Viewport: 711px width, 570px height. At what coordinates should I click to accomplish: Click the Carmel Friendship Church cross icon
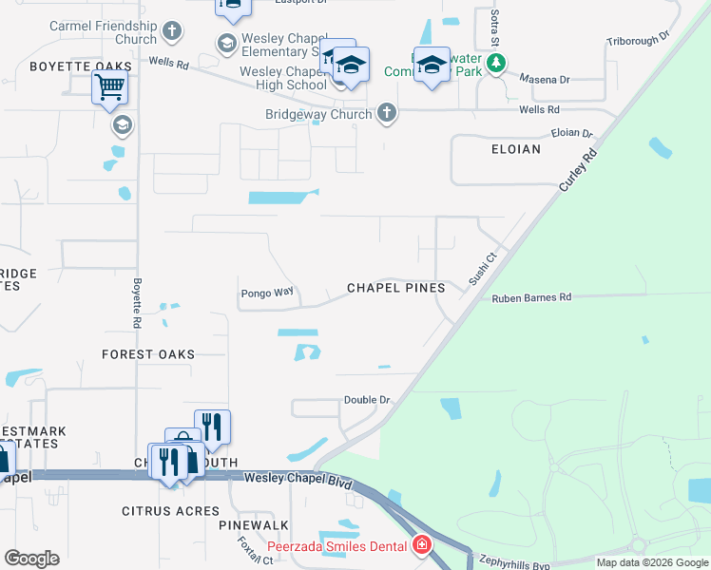(x=172, y=31)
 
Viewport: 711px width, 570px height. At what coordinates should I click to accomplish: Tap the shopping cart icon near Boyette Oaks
(x=109, y=88)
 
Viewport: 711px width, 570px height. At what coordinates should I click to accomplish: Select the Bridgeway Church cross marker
(x=386, y=113)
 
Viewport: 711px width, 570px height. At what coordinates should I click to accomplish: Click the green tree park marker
(x=494, y=65)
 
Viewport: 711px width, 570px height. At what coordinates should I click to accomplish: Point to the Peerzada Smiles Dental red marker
(x=421, y=545)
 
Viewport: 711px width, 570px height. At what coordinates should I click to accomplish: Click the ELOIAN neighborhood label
(x=515, y=149)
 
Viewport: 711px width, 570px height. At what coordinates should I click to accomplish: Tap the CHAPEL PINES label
(x=395, y=288)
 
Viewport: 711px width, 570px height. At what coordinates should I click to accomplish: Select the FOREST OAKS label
(x=148, y=354)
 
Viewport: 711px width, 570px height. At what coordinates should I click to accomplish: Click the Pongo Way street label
(x=267, y=293)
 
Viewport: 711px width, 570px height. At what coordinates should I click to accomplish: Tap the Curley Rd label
(x=579, y=170)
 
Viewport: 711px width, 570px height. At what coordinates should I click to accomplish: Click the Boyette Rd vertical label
(x=138, y=295)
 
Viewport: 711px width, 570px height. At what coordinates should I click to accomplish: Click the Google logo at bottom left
(x=31, y=559)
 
